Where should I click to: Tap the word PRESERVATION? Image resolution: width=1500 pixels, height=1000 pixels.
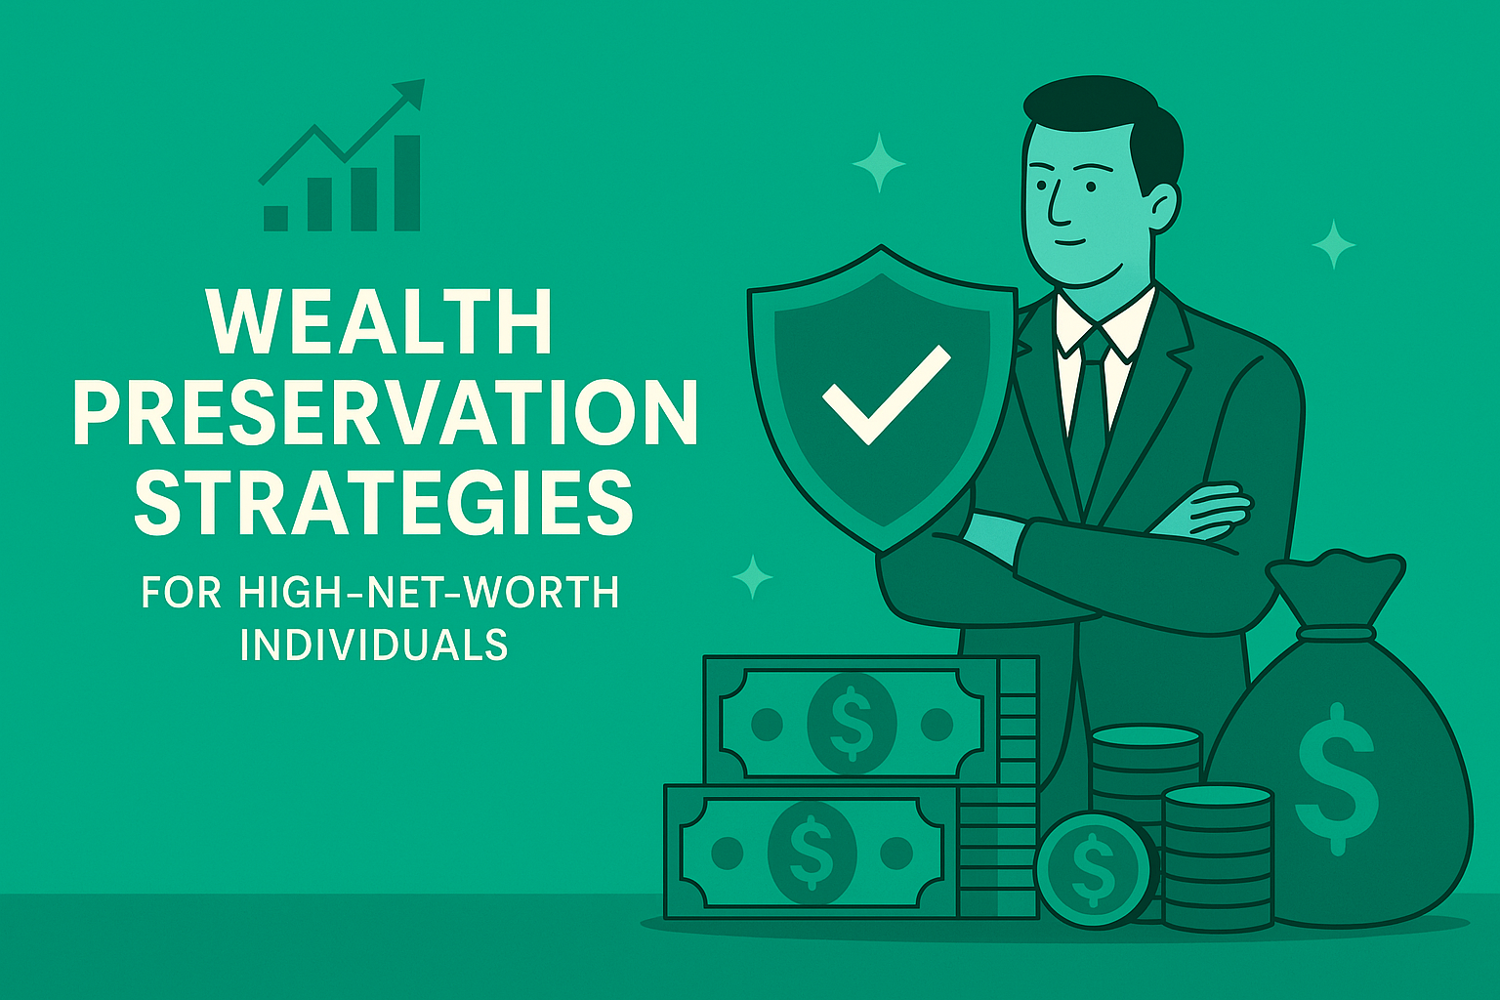386,413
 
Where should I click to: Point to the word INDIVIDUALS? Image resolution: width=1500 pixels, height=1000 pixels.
374,644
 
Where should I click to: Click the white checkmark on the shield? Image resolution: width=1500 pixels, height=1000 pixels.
887,395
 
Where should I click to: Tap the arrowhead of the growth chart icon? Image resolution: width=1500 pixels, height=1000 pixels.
410,94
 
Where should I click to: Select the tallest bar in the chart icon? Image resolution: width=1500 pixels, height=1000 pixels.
407,183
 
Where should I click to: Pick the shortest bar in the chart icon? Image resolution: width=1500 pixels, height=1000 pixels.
276,219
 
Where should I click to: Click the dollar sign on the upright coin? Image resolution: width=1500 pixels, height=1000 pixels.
1093,868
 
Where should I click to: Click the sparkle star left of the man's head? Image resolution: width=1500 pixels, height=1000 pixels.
879,163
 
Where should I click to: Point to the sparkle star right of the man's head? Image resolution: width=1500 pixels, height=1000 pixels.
1334,244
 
